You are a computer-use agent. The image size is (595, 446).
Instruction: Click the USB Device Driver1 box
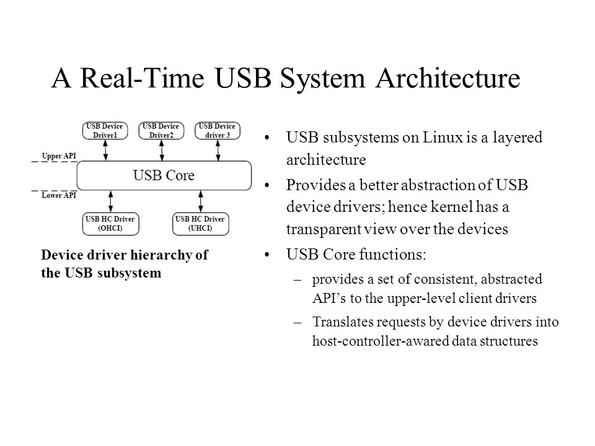click(105, 131)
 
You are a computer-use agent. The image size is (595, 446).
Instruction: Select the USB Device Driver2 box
click(161, 131)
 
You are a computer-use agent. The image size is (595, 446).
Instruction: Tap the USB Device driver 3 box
click(218, 131)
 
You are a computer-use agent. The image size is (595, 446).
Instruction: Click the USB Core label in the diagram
click(164, 175)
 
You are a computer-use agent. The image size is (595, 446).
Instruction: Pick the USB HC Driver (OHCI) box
click(110, 224)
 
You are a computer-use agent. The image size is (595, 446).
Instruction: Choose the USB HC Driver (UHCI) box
click(201, 224)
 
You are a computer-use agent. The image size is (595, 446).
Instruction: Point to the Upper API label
click(59, 156)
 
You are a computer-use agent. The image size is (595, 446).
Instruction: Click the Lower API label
click(59, 195)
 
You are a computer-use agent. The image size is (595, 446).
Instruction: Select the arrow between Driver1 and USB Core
click(105, 150)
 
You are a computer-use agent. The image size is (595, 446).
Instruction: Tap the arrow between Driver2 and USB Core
click(162, 150)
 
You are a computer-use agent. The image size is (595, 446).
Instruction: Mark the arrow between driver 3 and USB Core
click(218, 150)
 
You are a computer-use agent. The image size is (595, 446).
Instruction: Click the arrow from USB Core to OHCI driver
click(110, 201)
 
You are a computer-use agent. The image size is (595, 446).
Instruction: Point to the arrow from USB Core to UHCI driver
click(201, 201)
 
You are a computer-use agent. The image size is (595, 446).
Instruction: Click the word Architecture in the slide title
click(447, 78)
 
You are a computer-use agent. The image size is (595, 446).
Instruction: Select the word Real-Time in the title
click(143, 78)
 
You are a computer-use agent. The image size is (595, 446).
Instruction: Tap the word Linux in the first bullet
click(443, 138)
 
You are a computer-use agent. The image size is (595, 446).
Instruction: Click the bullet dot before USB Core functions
click(267, 255)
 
